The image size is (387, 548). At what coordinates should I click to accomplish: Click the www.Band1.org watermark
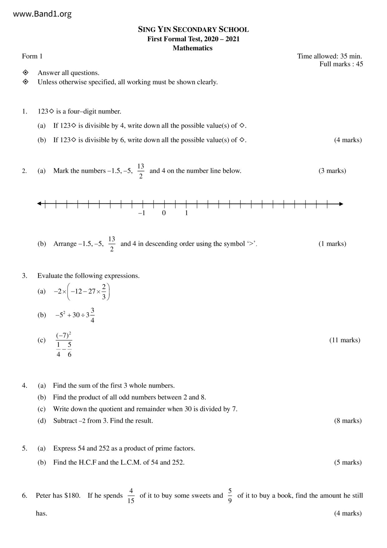click(42, 14)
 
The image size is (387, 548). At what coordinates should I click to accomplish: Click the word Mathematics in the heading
click(193, 48)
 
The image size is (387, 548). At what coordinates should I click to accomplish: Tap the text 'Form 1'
click(32, 56)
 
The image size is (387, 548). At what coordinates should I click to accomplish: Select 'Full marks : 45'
click(341, 64)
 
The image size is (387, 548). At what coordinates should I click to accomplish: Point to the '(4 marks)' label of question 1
click(348, 140)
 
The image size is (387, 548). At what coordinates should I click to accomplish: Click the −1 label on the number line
click(142, 213)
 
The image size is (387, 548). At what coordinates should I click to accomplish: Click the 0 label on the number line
click(164, 213)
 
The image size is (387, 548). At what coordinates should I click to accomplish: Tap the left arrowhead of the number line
click(39, 204)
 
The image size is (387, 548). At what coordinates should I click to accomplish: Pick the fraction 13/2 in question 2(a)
click(141, 171)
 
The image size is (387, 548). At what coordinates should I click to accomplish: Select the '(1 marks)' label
click(332, 244)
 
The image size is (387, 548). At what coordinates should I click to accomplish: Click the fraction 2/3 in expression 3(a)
click(104, 291)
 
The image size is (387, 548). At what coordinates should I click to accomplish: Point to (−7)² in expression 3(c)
click(64, 336)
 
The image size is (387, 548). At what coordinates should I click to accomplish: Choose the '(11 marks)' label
click(345, 340)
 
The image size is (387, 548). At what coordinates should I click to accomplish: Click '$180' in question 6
click(72, 496)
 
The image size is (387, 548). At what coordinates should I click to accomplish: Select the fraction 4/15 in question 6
click(131, 496)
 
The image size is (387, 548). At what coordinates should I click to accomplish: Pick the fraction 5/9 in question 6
click(230, 496)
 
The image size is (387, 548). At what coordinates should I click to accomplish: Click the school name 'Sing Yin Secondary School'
click(193, 30)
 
